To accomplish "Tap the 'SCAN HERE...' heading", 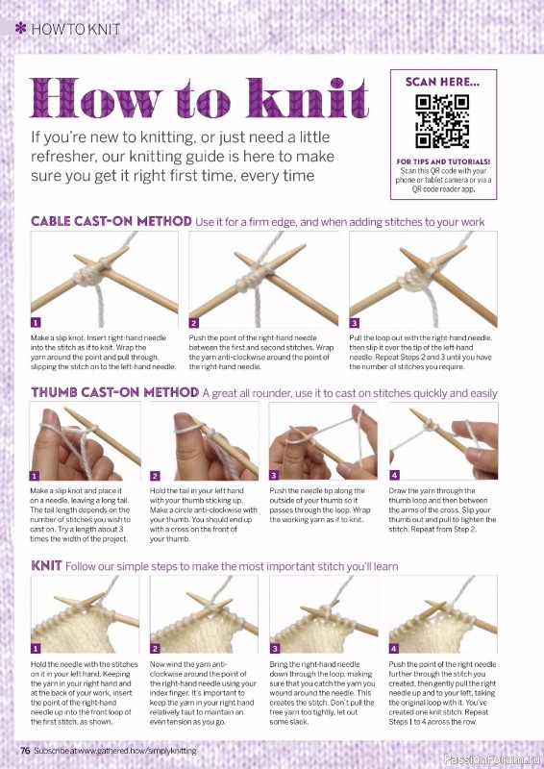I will [443, 83].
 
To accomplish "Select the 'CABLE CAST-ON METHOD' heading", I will [111, 221].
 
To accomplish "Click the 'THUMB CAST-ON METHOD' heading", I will [114, 392].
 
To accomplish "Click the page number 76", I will [25, 750].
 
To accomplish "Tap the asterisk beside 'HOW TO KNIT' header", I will [21, 29].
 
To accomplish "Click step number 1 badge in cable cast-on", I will [36, 323].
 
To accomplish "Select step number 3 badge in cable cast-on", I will [354, 323].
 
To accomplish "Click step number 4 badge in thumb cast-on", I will [393, 475].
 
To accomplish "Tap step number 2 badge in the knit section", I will [155, 649].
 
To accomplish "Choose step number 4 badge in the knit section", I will [393, 649].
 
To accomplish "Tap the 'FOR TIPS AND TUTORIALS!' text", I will [443, 161].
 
